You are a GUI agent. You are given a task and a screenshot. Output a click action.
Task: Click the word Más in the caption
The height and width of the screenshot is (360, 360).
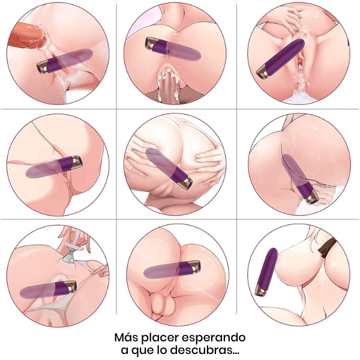tap(126, 337)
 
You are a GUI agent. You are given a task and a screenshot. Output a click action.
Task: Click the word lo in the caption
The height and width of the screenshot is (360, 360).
tap(163, 350)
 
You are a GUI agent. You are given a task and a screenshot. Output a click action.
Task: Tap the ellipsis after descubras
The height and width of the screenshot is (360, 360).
tap(236, 353)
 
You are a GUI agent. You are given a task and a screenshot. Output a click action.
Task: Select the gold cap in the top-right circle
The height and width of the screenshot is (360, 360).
tap(263, 72)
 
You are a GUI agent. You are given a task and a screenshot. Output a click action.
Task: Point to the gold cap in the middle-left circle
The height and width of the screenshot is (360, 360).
tap(77, 162)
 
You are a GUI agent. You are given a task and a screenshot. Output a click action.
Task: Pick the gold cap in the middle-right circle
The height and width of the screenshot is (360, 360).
tap(313, 199)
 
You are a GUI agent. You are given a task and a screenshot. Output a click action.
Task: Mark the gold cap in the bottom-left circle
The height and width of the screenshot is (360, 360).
tap(71, 287)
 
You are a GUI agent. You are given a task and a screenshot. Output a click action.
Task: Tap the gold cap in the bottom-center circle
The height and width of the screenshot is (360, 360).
tap(196, 267)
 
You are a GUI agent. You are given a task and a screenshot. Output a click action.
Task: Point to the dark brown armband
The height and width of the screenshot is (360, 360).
tap(327, 247)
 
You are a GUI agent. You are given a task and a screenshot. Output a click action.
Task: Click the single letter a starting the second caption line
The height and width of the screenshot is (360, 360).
tap(125, 351)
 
